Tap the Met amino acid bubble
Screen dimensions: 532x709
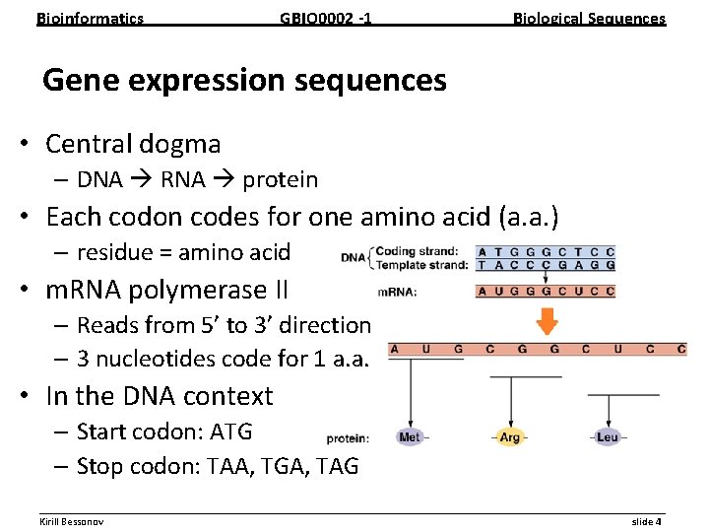coord(410,436)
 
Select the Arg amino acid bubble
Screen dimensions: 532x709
coord(510,436)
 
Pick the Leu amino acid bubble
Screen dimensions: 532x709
coord(608,436)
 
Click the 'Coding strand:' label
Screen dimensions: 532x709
coord(416,250)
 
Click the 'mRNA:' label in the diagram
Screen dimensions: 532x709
coord(397,292)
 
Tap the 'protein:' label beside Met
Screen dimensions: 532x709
coord(348,437)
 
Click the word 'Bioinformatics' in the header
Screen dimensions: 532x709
coord(90,18)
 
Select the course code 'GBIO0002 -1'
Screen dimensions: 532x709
coord(326,18)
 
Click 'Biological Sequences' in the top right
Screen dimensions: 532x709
coord(589,18)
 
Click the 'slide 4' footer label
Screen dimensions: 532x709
coord(646,521)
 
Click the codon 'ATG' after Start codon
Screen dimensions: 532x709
coord(231,432)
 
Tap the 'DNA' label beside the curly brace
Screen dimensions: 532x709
coord(352,257)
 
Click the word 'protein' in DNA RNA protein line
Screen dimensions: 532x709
coord(280,179)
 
